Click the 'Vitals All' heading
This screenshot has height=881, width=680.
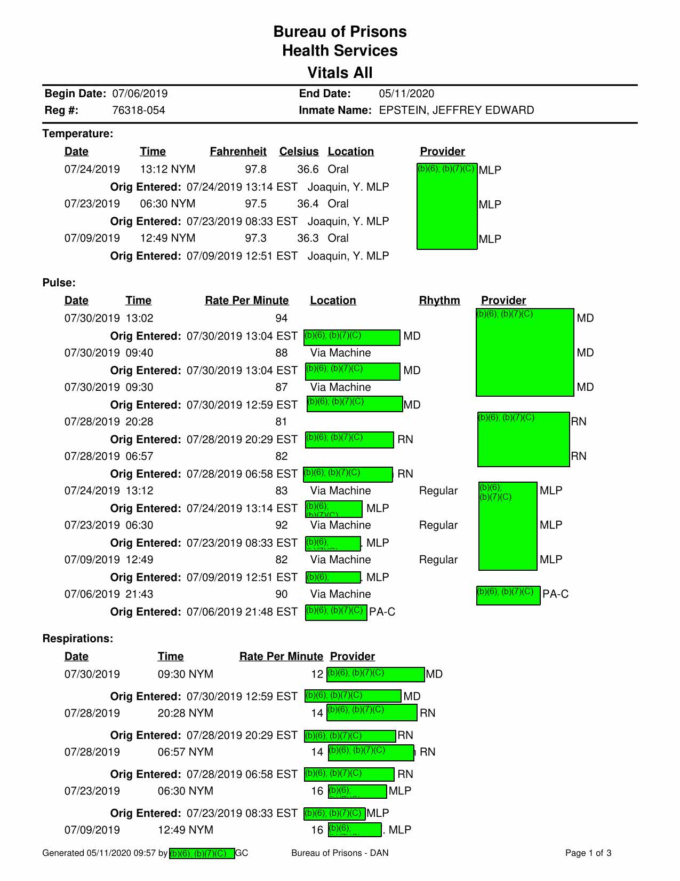[340, 73]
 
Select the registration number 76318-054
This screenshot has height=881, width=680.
[139, 111]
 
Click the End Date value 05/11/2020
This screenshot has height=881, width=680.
[406, 94]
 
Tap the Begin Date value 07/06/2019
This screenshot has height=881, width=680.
[140, 94]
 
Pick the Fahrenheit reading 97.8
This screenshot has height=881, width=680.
[255, 169]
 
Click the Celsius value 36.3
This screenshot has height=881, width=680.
[308, 238]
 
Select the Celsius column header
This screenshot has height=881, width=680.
[299, 152]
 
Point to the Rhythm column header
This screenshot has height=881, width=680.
[439, 301]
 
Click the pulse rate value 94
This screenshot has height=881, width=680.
[281, 318]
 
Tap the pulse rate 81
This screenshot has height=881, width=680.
[281, 422]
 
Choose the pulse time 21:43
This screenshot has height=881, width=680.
[139, 594]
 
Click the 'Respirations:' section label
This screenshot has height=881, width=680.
[78, 639]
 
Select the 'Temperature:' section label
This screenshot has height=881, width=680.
[78, 133]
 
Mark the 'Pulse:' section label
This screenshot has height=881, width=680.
[59, 282]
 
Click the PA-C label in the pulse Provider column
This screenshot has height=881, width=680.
[555, 594]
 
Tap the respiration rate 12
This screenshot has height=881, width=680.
[317, 674]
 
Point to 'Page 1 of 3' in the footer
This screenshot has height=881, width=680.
[588, 853]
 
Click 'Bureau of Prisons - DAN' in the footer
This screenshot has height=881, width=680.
[340, 853]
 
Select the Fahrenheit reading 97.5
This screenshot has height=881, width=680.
[255, 204]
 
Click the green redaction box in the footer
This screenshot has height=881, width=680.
[202, 853]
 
